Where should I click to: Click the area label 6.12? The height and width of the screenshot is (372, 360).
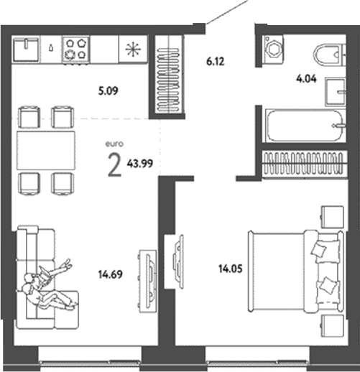[216, 62]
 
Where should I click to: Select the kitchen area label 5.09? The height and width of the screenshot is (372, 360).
[106, 91]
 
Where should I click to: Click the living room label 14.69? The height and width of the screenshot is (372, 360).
[108, 272]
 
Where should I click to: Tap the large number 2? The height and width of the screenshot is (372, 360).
[113, 165]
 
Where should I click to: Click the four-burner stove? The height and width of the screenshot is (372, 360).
[76, 50]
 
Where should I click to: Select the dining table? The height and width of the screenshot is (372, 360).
[46, 150]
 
